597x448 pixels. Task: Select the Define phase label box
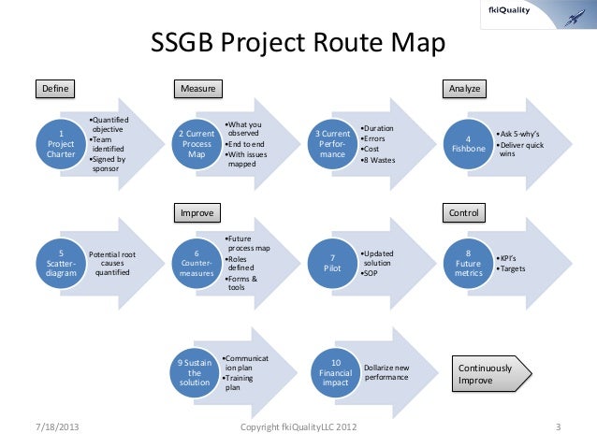pyautogui.click(x=54, y=89)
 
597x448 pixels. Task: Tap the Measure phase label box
pyautogui.click(x=198, y=89)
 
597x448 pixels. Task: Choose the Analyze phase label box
pyautogui.click(x=465, y=89)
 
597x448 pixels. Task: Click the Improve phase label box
pyautogui.click(x=198, y=213)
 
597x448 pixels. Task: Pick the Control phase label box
pyautogui.click(x=464, y=213)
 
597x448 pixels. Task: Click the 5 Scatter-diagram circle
pyautogui.click(x=62, y=265)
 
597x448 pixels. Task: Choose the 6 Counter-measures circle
pyautogui.click(x=197, y=265)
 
